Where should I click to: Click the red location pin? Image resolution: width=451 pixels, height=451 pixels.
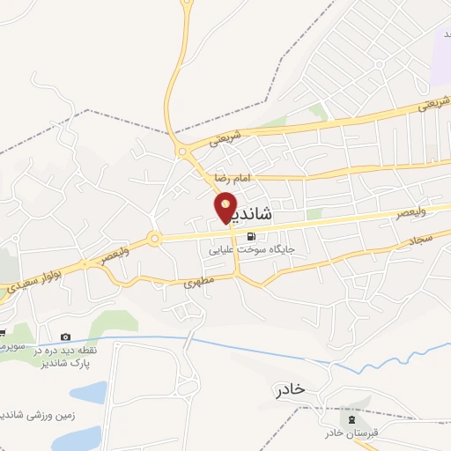coord(226,206)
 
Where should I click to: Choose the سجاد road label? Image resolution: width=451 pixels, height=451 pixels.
coord(416,239)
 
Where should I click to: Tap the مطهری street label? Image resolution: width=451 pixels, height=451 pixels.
coord(195,284)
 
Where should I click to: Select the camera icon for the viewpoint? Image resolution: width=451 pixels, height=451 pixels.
coord(65,336)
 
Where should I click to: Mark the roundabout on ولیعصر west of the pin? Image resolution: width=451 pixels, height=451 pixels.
coord(154,238)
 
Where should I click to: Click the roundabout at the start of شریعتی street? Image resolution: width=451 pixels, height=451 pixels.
coord(182,152)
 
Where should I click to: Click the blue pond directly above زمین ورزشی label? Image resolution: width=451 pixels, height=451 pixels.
coord(92,390)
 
